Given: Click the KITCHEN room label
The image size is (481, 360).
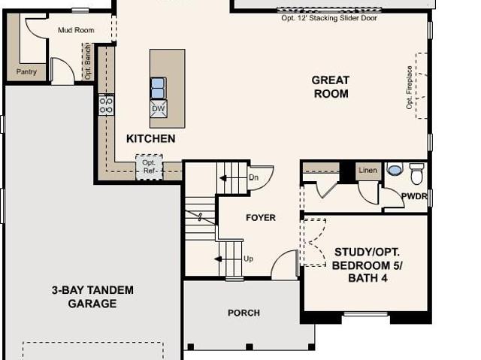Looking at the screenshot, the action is point(151,138).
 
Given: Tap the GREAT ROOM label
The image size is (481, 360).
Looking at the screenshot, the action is point(331,86).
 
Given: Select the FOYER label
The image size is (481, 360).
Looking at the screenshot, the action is point(261,217).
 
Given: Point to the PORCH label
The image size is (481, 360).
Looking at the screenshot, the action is point(244,313).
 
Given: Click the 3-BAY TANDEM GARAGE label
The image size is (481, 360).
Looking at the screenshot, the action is point(92,297).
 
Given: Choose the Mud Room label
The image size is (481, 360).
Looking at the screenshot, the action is point(76,30).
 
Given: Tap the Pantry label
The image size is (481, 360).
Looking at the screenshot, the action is point(26,71).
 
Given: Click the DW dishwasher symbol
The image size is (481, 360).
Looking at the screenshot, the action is point(159,108).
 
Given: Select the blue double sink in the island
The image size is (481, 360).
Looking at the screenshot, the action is point(159,88).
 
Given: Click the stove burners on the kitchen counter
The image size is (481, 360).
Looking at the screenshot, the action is point(106,105).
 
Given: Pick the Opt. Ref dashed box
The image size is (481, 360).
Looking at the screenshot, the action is point(149,167).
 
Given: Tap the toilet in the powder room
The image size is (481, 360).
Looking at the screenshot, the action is point(416,174).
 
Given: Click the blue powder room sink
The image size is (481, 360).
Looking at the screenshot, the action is point(395,169).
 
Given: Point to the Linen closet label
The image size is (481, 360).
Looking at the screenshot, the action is point(368,170).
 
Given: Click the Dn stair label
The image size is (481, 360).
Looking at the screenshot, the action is point(253,177).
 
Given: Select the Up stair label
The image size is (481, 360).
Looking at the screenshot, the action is point(249,259).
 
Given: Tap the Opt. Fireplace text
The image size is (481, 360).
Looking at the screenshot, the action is point(409,87).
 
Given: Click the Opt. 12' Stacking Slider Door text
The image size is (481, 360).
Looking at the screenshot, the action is point(329,18).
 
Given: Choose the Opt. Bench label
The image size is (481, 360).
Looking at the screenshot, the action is point(88,62).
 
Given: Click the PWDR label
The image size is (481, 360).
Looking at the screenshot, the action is point(414,196).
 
